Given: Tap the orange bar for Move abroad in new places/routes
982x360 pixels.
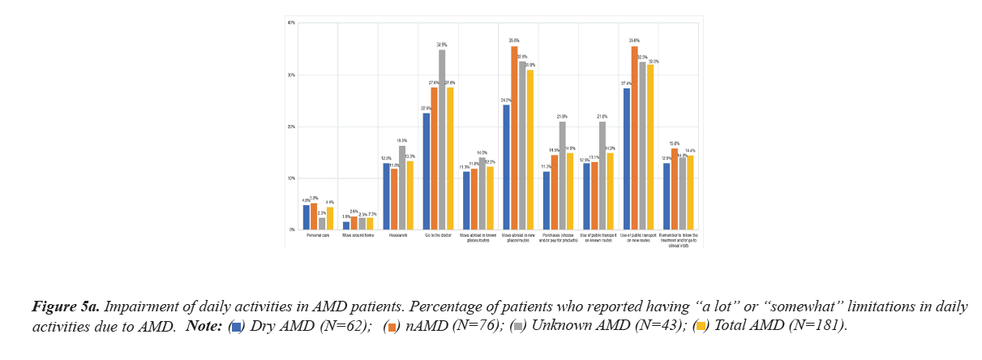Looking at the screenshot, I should coord(514,138).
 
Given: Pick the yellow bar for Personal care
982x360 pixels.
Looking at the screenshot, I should coord(330,218).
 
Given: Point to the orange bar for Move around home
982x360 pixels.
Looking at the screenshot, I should coord(354,223).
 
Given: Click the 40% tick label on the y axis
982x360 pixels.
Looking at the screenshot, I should coord(291,23).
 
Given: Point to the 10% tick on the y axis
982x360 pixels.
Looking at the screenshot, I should coord(291,178).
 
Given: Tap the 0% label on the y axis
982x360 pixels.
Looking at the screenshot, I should coord(292,230).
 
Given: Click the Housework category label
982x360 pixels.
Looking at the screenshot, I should coord(397,236).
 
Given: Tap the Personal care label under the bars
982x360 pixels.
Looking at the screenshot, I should coord(318,236).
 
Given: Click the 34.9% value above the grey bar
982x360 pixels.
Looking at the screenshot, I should coord(442,45).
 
